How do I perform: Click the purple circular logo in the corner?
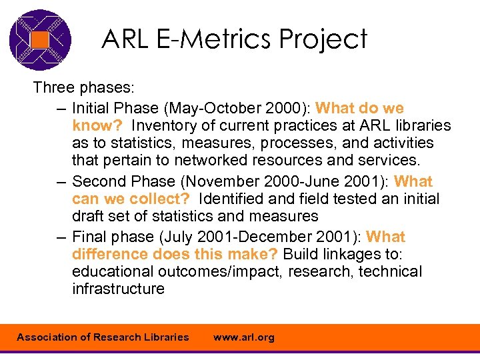click(40, 39)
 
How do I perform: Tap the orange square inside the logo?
click(40, 39)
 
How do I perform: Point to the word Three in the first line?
click(53, 88)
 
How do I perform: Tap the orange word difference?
click(110, 254)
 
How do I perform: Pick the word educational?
click(113, 271)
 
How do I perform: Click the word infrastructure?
click(118, 289)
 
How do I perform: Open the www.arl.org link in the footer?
click(243, 337)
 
